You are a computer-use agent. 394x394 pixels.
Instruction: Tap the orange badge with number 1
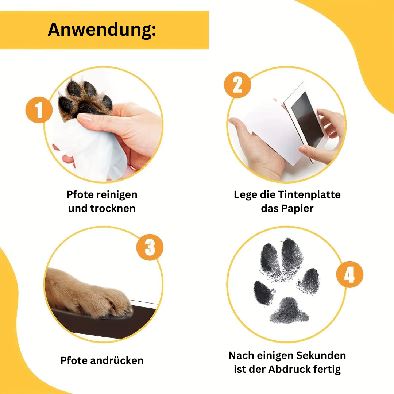[39, 110]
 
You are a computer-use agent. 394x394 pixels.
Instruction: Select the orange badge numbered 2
[237, 85]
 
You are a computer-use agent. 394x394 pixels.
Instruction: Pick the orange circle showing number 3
[150, 247]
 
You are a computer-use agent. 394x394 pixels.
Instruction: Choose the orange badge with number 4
[350, 274]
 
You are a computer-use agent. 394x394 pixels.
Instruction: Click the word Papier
[297, 209]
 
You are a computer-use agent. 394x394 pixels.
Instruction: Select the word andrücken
[117, 360]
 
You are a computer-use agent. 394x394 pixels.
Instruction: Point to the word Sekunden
[321, 356]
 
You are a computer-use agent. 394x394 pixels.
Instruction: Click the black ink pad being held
[307, 119]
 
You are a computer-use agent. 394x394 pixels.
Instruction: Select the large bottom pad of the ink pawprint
[289, 311]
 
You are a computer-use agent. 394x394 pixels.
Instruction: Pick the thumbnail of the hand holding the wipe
[85, 117]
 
